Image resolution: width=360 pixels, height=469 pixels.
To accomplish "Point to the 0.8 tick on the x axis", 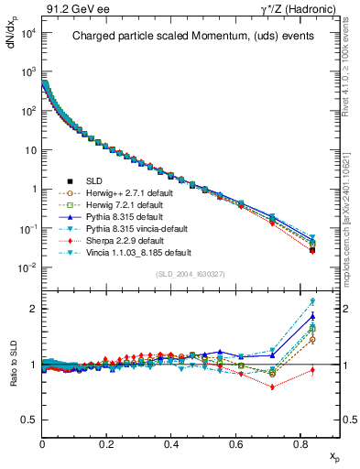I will pyautogui.click(x=302, y=444).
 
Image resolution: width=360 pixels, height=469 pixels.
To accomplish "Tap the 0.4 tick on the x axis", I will pyautogui.click(x=172, y=444).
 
